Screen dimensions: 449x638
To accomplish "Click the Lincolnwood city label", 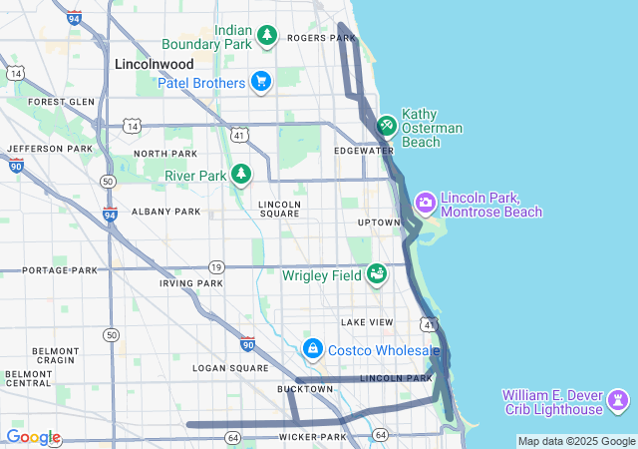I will (x=154, y=63).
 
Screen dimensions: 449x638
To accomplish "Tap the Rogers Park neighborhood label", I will (x=315, y=38).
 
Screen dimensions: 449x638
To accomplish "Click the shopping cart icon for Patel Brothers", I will (x=260, y=82).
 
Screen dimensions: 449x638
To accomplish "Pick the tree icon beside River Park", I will (x=241, y=176).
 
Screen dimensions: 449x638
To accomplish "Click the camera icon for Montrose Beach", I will (x=426, y=203).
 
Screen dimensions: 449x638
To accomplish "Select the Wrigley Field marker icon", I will (x=376, y=273).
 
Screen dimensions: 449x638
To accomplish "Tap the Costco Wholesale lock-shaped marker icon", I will (x=313, y=348).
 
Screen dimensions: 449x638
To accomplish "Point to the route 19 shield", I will (x=216, y=266).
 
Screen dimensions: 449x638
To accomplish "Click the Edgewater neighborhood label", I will (x=364, y=151).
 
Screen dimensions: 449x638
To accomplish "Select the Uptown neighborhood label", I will (x=380, y=223).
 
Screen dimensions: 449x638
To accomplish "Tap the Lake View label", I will (x=367, y=322).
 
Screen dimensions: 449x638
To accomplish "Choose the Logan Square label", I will (x=224, y=368).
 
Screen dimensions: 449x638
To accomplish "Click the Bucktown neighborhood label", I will (x=305, y=389).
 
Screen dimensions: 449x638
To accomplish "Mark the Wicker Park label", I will (x=312, y=437).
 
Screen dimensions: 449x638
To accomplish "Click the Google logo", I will (x=33, y=437).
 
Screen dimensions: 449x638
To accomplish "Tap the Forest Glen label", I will (x=61, y=102).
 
